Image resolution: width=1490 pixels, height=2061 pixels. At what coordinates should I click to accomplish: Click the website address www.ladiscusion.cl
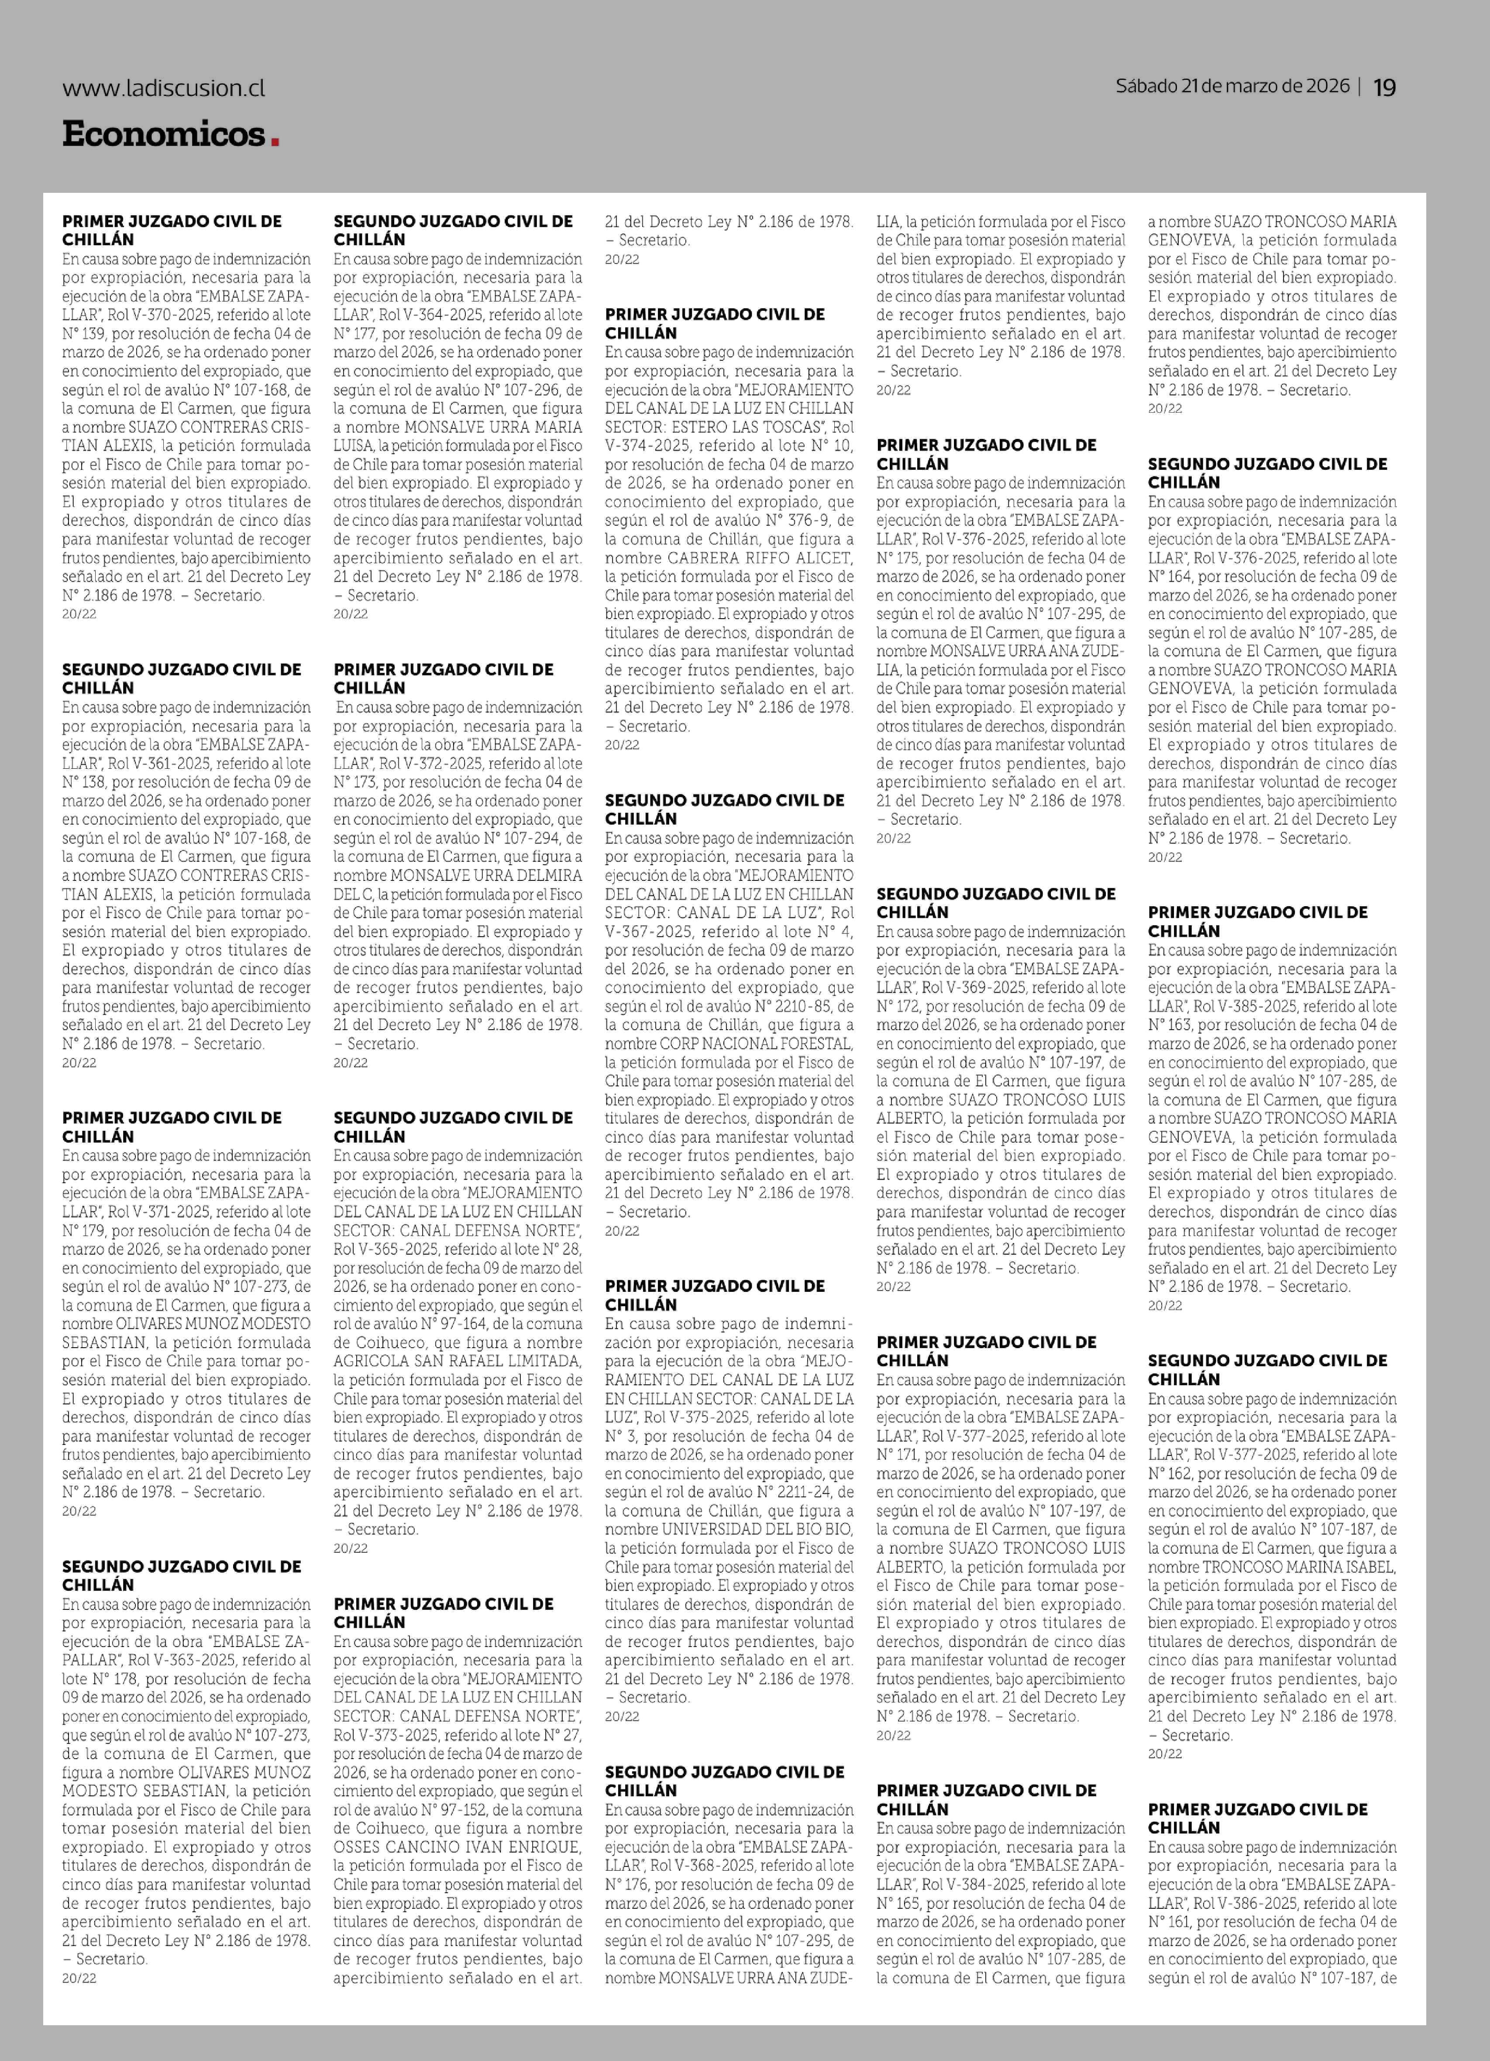click(x=164, y=88)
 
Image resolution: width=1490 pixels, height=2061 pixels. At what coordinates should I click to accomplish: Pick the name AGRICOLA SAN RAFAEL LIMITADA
click(x=456, y=1361)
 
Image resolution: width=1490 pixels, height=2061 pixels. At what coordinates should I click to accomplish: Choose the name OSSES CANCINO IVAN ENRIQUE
click(x=456, y=1846)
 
